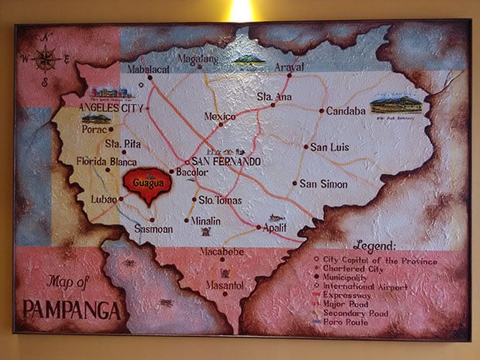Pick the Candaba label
point(345,111)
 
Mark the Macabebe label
point(224,252)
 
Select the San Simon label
point(321,183)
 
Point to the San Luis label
point(328,146)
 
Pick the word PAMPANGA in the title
point(72,310)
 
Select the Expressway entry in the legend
point(355,295)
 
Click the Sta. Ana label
point(274,97)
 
